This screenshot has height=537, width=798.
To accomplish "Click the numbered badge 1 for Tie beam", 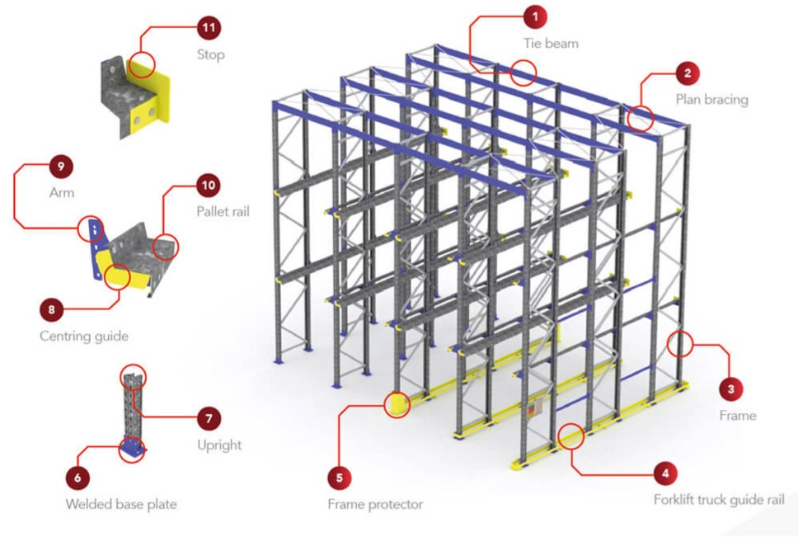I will pyautogui.click(x=536, y=15).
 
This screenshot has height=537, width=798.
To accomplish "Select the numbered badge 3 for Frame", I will pyautogui.click(x=729, y=386).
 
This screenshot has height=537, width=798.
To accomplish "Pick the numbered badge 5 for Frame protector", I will pyautogui.click(x=338, y=477).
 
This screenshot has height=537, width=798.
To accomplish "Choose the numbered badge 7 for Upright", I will pyautogui.click(x=208, y=417).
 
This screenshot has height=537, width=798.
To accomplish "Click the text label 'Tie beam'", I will pyautogui.click(x=551, y=43).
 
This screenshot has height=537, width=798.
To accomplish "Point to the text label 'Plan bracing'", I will pyautogui.click(x=711, y=100).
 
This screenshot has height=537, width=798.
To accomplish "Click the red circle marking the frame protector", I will pyautogui.click(x=397, y=405).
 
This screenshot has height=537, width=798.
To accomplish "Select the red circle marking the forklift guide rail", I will pyautogui.click(x=570, y=436).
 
